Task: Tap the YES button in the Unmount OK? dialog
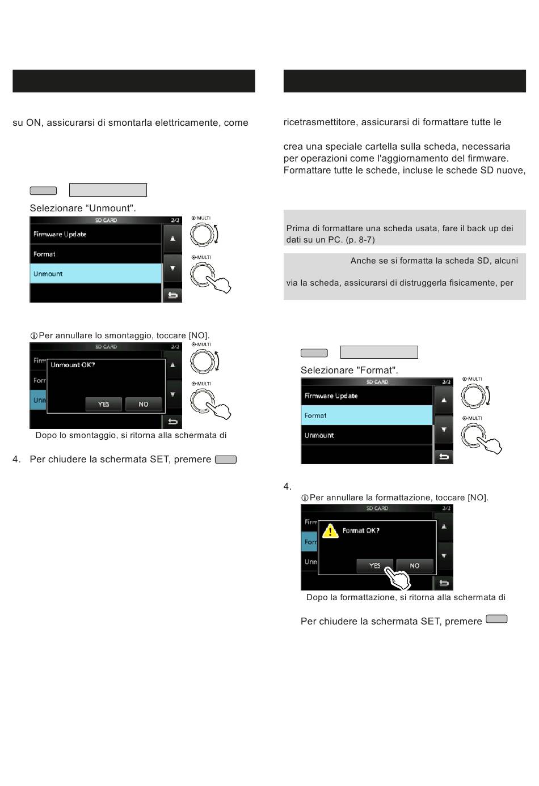tap(103, 404)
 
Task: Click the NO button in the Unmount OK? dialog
tap(144, 404)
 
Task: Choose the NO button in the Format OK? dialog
tap(415, 566)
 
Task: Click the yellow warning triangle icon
tap(330, 532)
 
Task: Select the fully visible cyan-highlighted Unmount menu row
tap(95, 274)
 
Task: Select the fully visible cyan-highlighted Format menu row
tap(367, 415)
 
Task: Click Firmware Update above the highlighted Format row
tap(367, 396)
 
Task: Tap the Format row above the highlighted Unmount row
tap(95, 254)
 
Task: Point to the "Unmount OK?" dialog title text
tap(73, 365)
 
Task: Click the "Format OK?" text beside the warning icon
tap(361, 531)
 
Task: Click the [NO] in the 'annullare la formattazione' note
tap(478, 498)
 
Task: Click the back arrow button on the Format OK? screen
tap(444, 583)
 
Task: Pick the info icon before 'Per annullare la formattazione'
tap(305, 498)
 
